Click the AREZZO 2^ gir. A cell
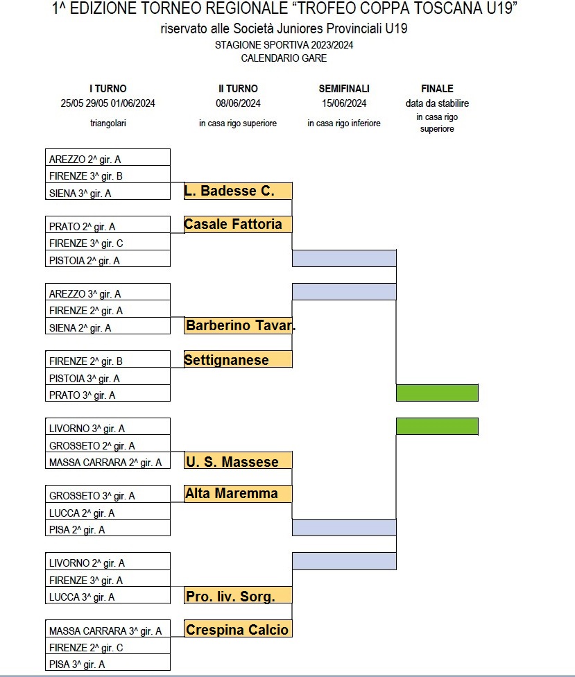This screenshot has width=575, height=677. click(108, 157)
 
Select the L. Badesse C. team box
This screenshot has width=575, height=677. click(239, 191)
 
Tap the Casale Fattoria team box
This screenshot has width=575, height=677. click(239, 225)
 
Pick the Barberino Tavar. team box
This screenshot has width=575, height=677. click(239, 325)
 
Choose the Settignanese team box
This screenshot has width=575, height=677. click(239, 359)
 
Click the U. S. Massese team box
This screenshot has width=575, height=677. click(239, 461)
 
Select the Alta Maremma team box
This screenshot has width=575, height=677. click(239, 494)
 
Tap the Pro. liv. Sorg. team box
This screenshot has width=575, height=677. click(239, 595)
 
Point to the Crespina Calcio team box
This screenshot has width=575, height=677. click(239, 628)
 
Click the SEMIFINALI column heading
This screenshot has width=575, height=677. click(344, 89)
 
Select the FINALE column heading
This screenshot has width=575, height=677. click(437, 89)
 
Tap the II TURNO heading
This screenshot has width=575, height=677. click(239, 89)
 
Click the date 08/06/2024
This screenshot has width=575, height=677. click(239, 103)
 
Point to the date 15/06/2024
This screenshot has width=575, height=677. click(344, 103)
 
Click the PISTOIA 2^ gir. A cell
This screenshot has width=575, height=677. click(108, 259)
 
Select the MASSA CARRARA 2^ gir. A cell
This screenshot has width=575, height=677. click(108, 461)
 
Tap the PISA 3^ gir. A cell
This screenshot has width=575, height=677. click(108, 662)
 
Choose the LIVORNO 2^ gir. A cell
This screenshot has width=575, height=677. click(108, 561)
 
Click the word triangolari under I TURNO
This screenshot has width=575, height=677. click(108, 123)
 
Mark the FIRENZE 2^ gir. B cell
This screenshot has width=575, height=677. click(108, 359)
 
